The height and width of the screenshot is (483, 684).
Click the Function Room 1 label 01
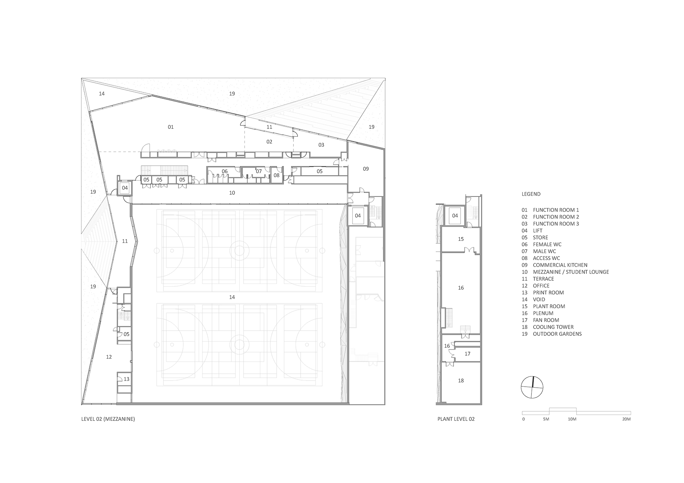(x=171, y=127)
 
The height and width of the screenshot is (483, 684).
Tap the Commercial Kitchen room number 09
(x=366, y=169)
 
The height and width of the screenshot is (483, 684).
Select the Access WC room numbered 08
(x=276, y=176)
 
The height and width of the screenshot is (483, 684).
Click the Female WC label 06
(x=224, y=171)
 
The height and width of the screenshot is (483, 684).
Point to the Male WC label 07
(x=259, y=171)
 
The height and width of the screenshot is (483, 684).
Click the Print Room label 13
(x=127, y=379)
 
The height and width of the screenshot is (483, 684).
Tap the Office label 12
(x=109, y=357)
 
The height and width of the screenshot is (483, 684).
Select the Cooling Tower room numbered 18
(x=461, y=381)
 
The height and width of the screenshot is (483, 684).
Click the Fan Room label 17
(x=467, y=354)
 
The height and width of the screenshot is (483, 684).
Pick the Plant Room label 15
(x=461, y=239)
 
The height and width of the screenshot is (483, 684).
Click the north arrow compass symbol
(x=532, y=387)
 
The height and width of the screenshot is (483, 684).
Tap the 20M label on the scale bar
(x=626, y=419)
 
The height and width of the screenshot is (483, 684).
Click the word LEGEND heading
(x=531, y=194)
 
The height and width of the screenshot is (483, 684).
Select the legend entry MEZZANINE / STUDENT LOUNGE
(x=570, y=272)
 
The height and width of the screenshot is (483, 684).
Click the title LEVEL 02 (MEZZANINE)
(x=108, y=419)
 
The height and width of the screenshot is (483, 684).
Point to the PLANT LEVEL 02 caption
(x=456, y=419)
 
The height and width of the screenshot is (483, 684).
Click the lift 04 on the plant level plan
(x=455, y=216)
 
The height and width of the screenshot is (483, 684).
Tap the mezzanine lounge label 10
(x=232, y=193)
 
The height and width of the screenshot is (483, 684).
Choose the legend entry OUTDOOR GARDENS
(x=557, y=334)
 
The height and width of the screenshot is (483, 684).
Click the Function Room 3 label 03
(x=321, y=145)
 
